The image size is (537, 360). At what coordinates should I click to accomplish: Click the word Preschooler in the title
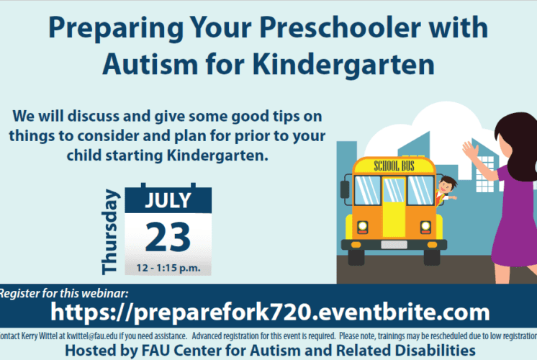(339, 27)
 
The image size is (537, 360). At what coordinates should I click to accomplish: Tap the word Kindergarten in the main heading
(344, 64)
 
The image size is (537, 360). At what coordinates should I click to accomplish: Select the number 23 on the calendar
(168, 237)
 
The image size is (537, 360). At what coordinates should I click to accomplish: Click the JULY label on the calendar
(168, 200)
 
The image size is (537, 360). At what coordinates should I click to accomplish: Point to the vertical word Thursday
(110, 232)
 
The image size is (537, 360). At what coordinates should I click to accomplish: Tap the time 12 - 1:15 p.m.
(168, 268)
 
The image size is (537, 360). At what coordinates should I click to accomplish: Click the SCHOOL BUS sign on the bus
(394, 166)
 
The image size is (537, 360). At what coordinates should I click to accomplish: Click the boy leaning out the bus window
(446, 191)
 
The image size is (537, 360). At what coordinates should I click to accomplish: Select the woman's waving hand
(471, 151)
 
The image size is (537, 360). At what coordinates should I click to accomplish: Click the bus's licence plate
(394, 245)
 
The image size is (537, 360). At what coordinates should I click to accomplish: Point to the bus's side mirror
(345, 189)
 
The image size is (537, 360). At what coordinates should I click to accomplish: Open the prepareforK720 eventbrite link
(270, 312)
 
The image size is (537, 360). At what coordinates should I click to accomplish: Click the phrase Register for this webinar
(63, 294)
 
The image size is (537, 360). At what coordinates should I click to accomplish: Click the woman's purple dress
(514, 219)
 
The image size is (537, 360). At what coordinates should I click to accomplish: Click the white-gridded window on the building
(485, 174)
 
